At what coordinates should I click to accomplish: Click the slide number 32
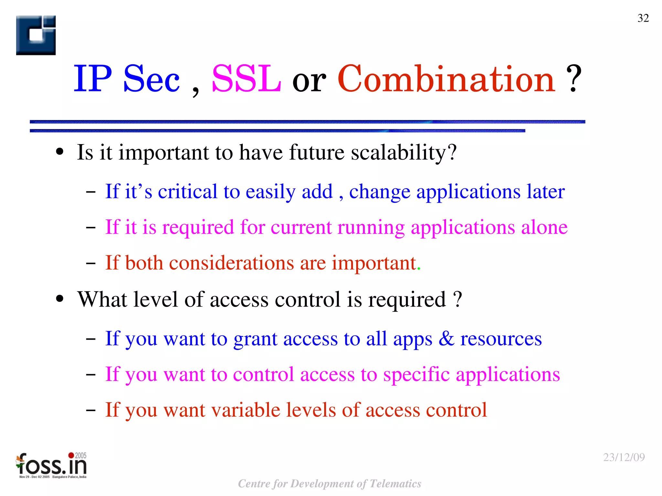643,18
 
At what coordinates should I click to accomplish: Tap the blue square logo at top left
36,35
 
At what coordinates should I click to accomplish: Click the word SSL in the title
246,79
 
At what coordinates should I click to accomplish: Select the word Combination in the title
446,79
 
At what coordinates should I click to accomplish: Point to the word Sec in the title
151,79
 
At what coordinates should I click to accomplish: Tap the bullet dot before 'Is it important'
60,152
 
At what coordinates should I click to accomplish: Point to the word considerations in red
231,263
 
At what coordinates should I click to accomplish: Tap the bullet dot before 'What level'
60,299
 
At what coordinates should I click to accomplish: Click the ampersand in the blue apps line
446,338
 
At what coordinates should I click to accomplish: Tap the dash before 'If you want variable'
91,410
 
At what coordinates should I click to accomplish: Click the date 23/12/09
624,457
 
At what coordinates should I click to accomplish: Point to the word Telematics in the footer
395,484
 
